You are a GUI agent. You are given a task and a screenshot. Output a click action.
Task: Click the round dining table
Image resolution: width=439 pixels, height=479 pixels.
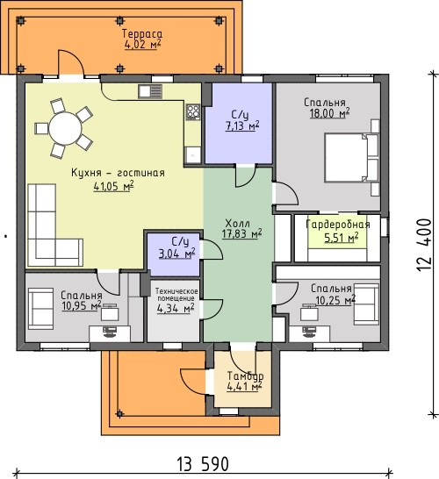click(66, 128)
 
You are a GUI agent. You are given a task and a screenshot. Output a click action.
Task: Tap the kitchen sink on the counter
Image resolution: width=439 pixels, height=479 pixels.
click(150, 91)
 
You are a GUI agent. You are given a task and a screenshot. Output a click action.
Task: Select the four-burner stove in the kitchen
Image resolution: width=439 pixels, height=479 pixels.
click(193, 111)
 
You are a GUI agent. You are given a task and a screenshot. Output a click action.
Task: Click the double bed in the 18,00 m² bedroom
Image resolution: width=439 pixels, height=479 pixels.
click(351, 158)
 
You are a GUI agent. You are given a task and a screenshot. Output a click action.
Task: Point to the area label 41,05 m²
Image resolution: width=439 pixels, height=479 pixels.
click(114, 186)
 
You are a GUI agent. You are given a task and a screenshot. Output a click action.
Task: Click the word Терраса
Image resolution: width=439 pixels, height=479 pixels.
click(142, 33)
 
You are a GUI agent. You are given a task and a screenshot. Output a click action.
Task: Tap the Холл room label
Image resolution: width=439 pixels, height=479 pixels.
click(237, 224)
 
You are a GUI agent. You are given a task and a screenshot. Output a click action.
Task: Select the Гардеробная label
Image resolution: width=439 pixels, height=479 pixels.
click(338, 225)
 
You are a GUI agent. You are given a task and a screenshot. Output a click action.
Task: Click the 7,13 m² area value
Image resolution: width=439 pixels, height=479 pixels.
click(242, 125)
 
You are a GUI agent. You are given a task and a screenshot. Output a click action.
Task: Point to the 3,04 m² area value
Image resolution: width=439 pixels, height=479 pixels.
click(177, 254)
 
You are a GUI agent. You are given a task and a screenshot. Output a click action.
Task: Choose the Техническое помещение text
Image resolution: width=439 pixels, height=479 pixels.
click(177, 295)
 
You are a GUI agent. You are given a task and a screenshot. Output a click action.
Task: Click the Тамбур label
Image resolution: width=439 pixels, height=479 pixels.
click(245, 375)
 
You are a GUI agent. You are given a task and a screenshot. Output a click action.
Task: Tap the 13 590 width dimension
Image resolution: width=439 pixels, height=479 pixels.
click(203, 464)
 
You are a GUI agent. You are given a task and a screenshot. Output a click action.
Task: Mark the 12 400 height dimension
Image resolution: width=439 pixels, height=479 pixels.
click(424, 244)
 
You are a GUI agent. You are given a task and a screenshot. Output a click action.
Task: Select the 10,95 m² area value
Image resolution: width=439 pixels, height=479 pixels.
click(82, 305)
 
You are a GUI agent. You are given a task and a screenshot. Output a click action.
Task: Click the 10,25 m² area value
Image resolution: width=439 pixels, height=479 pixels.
click(335, 300)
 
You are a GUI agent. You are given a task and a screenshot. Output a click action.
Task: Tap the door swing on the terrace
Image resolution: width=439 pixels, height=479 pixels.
click(71, 62)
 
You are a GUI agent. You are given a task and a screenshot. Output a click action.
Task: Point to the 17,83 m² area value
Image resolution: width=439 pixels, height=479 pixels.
click(241, 234)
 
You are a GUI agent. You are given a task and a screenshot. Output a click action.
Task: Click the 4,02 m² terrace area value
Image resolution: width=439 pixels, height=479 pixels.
click(142, 44)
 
